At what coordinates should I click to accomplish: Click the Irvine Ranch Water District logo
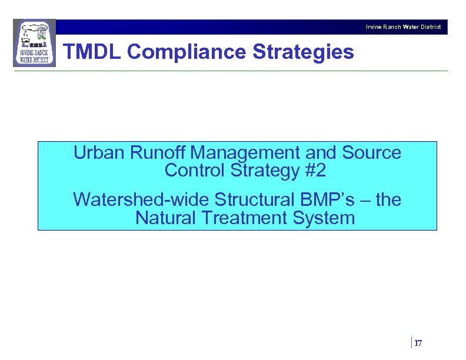coord(34,43)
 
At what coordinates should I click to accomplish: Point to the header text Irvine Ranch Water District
coord(403,27)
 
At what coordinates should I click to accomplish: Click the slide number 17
coord(418,343)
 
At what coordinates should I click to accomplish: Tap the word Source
coord(371,153)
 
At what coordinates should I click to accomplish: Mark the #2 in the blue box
coord(314,171)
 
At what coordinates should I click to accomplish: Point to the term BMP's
coord(324,200)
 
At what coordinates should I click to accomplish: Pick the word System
coord(327,218)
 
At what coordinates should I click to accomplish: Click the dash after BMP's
coord(364,201)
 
